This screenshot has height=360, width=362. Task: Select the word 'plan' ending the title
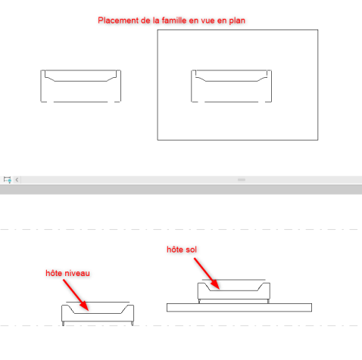tap(237, 21)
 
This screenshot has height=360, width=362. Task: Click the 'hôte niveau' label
tap(67, 273)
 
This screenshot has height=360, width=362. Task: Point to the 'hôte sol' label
tap(182, 250)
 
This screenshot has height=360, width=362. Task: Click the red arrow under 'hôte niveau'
tap(76, 295)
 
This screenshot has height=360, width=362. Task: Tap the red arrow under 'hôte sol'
tap(207, 274)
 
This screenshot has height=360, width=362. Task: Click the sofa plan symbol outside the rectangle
tap(81, 86)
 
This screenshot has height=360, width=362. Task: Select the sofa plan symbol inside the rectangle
tap(232, 86)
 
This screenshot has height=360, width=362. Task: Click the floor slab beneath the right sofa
tap(239, 308)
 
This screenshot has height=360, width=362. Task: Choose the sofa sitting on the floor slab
tap(234, 293)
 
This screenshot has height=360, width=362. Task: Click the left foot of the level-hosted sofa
tap(63, 324)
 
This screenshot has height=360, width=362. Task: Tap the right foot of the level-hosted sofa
tap(132, 324)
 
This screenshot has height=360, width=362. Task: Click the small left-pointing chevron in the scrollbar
tap(17, 180)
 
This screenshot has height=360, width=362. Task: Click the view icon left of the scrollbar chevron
tap(8, 180)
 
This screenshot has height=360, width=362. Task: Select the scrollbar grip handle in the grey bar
tap(242, 180)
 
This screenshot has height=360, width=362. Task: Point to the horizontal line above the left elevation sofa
tap(98, 302)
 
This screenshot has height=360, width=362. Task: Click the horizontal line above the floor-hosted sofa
tap(234, 280)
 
